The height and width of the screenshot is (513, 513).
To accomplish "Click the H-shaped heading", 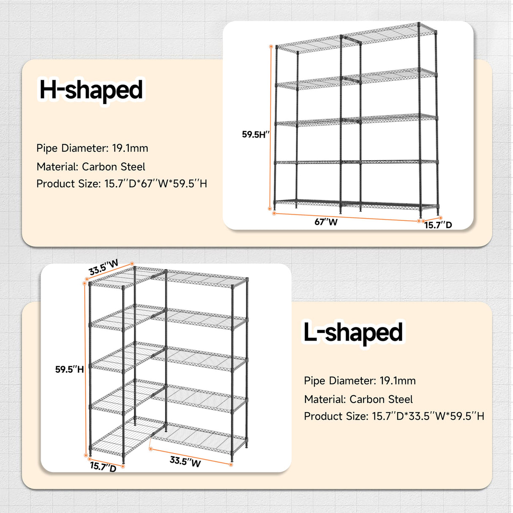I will (x=91, y=90).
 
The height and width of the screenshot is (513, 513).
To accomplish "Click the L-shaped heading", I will (x=353, y=333).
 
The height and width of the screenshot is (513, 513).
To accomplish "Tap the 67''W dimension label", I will (x=326, y=222).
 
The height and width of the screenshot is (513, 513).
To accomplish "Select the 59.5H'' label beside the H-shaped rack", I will (x=255, y=134).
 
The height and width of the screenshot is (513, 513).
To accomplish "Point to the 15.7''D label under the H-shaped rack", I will (x=438, y=225).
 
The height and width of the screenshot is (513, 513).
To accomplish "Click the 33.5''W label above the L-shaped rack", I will (x=104, y=267).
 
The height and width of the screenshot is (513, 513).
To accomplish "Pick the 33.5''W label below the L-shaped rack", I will (x=185, y=461).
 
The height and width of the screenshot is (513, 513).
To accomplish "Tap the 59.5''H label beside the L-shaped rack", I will (x=69, y=369).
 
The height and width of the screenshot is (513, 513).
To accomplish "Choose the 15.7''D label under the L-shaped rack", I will (x=103, y=467).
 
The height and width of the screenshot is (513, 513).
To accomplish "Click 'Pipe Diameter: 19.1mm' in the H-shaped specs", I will (x=92, y=148).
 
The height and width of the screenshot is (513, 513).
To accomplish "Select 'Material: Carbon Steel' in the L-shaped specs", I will (x=358, y=399).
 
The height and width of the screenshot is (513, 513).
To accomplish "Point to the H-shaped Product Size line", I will (x=122, y=184).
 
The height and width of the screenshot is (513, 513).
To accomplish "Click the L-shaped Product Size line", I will (x=394, y=416).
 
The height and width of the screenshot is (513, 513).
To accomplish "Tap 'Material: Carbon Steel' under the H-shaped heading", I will (x=91, y=167).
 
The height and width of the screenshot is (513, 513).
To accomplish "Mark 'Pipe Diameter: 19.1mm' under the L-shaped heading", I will (x=360, y=381).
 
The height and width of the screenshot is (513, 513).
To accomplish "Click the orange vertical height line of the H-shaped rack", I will (x=270, y=127).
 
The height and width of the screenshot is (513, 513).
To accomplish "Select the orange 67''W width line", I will (x=347, y=217).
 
